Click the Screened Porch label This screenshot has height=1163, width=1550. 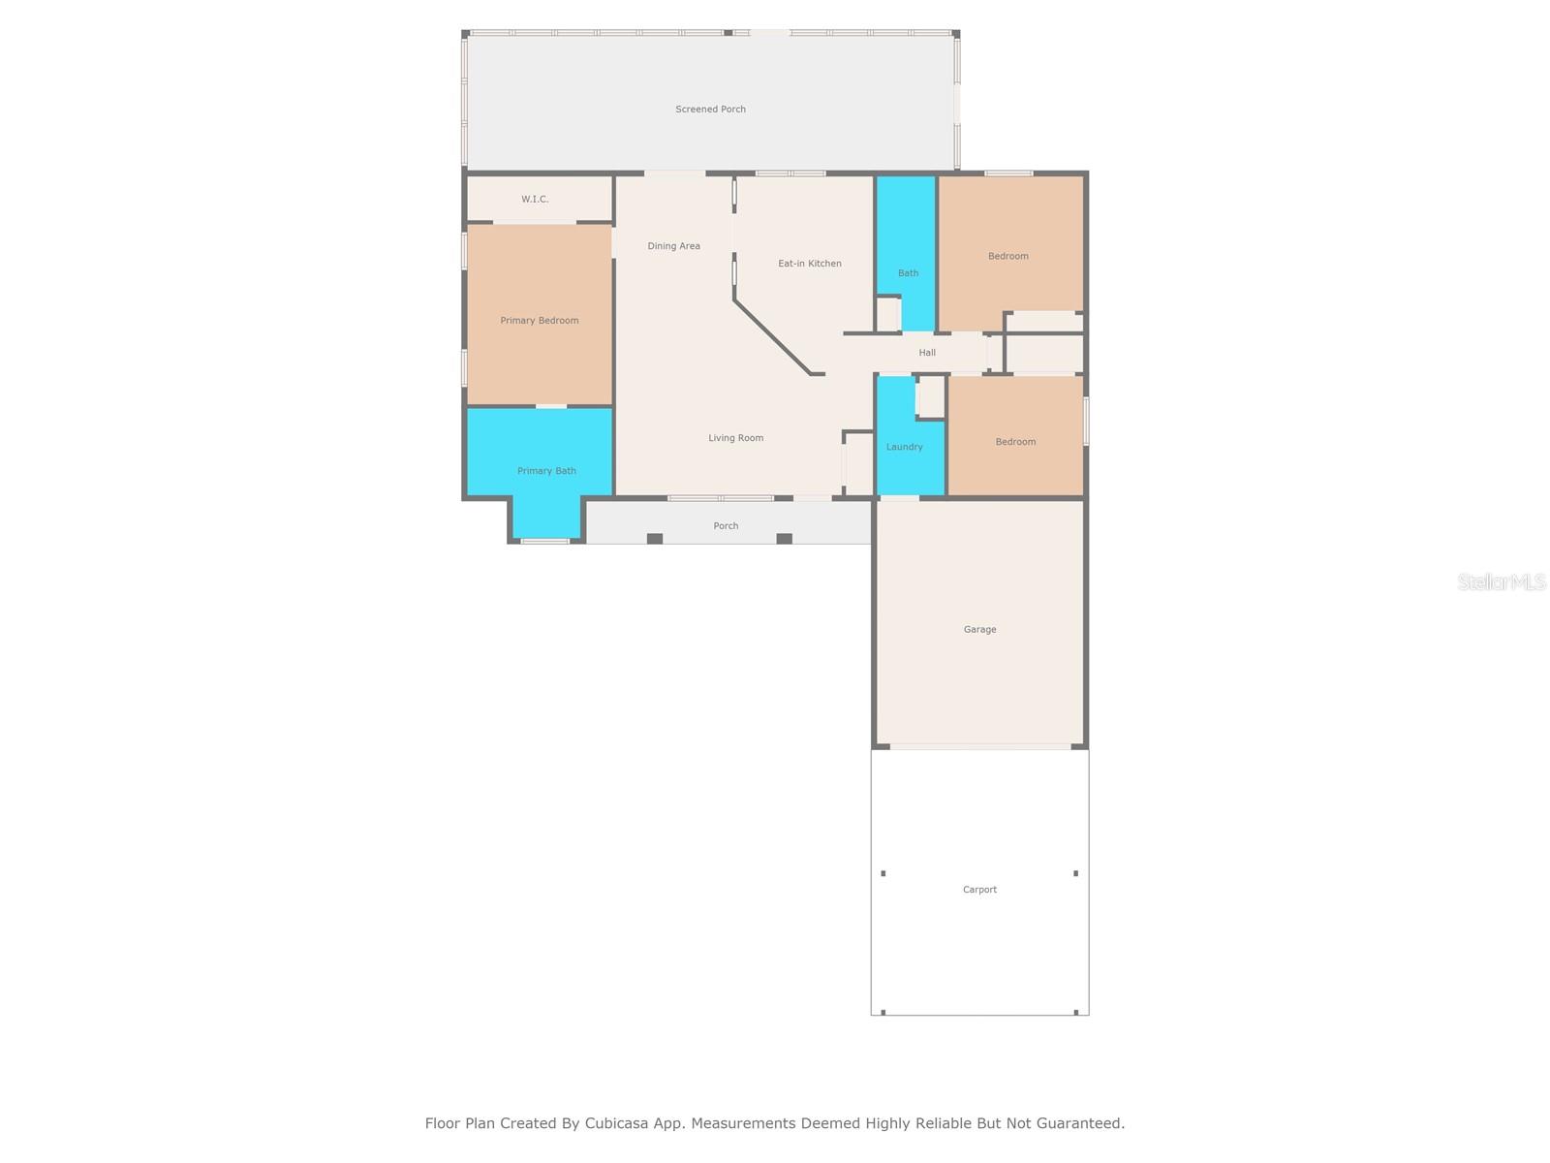point(710,109)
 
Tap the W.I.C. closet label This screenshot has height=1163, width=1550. point(535,199)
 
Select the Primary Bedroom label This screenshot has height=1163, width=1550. point(539,321)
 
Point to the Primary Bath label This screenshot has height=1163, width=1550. point(545,471)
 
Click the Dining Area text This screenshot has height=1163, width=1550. point(673,246)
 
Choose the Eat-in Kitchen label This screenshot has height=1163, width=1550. point(809,264)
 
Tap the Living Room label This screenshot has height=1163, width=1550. point(735,438)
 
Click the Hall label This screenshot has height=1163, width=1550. point(926,353)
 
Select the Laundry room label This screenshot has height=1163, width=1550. point(904,447)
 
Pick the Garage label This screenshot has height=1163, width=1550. point(979,629)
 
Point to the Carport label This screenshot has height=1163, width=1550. point(979,890)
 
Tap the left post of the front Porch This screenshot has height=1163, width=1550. point(655,539)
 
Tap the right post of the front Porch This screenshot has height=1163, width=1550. point(784,539)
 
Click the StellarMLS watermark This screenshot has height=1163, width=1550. point(1502,581)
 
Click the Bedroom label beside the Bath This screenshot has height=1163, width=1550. point(1007,256)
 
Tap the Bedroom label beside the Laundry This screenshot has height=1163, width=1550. point(1015,442)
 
